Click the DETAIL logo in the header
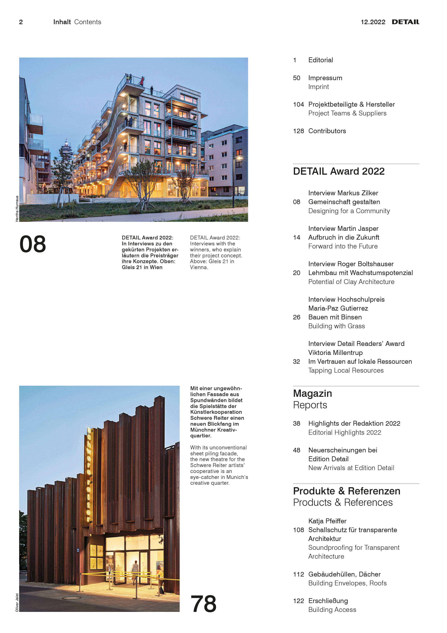[405, 22]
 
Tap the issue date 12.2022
[373, 22]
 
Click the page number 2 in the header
[21, 22]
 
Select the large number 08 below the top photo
[33, 244]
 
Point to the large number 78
[203, 604]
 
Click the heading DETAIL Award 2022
[339, 171]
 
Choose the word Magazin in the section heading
[312, 393]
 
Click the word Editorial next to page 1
[321, 60]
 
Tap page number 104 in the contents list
[298, 104]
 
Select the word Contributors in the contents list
[327, 131]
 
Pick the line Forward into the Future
[343, 246]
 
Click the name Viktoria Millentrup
[335, 353]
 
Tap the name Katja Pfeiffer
[327, 521]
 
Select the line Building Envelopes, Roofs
[347, 583]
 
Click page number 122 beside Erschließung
[298, 601]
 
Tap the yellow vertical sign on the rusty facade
[89, 474]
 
